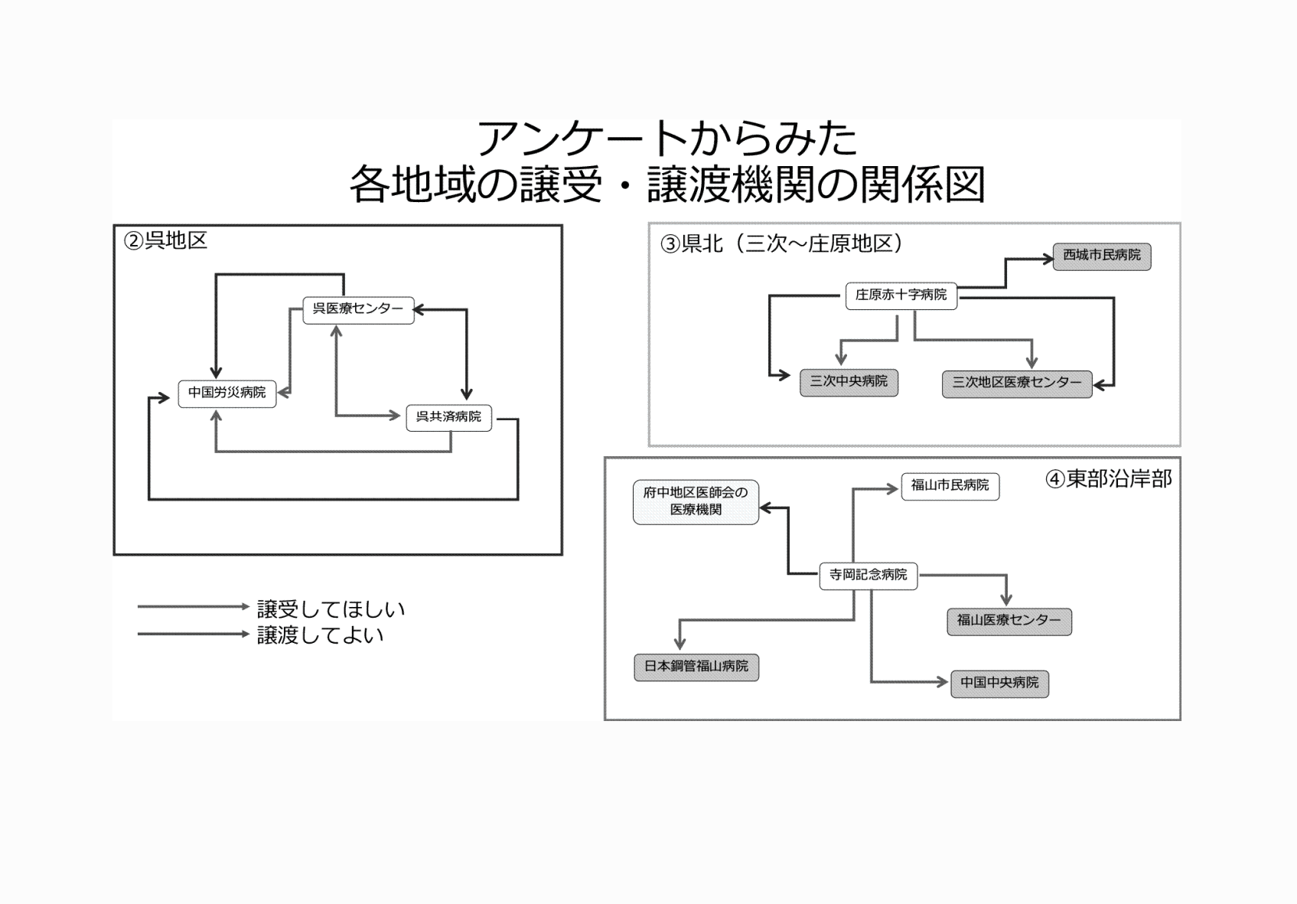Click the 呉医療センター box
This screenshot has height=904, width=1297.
(x=358, y=310)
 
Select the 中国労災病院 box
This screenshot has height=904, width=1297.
(x=227, y=393)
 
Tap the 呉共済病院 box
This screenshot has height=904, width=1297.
(x=448, y=417)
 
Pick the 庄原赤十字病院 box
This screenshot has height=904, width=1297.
(x=901, y=295)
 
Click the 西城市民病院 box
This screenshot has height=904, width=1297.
(x=1101, y=256)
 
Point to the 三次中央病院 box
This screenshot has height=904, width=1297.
(x=849, y=382)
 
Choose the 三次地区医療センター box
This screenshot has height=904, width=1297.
(x=1016, y=383)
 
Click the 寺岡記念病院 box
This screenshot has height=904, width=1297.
(x=868, y=575)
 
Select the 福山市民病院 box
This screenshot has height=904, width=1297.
(x=950, y=486)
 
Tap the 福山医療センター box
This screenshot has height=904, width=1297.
(x=1009, y=621)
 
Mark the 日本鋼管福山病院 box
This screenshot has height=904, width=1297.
(x=696, y=667)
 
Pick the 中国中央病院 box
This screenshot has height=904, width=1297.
(x=999, y=683)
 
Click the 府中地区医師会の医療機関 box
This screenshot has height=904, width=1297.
(x=696, y=501)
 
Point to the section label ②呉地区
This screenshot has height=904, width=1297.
(x=165, y=241)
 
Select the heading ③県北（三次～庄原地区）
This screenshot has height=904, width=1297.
(x=781, y=244)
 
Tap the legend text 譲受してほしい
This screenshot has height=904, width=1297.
(x=331, y=609)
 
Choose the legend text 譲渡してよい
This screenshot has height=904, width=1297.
(x=320, y=635)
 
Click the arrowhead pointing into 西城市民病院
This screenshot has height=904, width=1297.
(x=1049, y=259)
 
